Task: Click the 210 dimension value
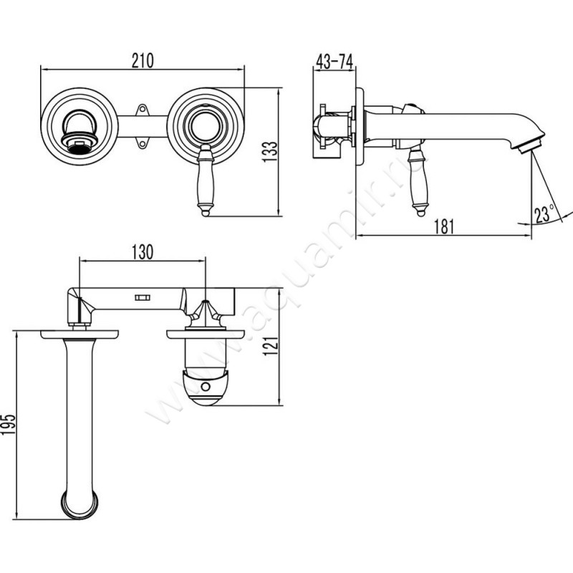(143, 61)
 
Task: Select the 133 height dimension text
(271, 152)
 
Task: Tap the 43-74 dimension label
(334, 62)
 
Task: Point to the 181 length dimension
(444, 226)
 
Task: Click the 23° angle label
(544, 214)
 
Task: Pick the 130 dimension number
(142, 252)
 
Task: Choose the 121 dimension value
(271, 345)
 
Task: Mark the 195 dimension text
(8, 424)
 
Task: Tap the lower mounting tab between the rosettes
(142, 143)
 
